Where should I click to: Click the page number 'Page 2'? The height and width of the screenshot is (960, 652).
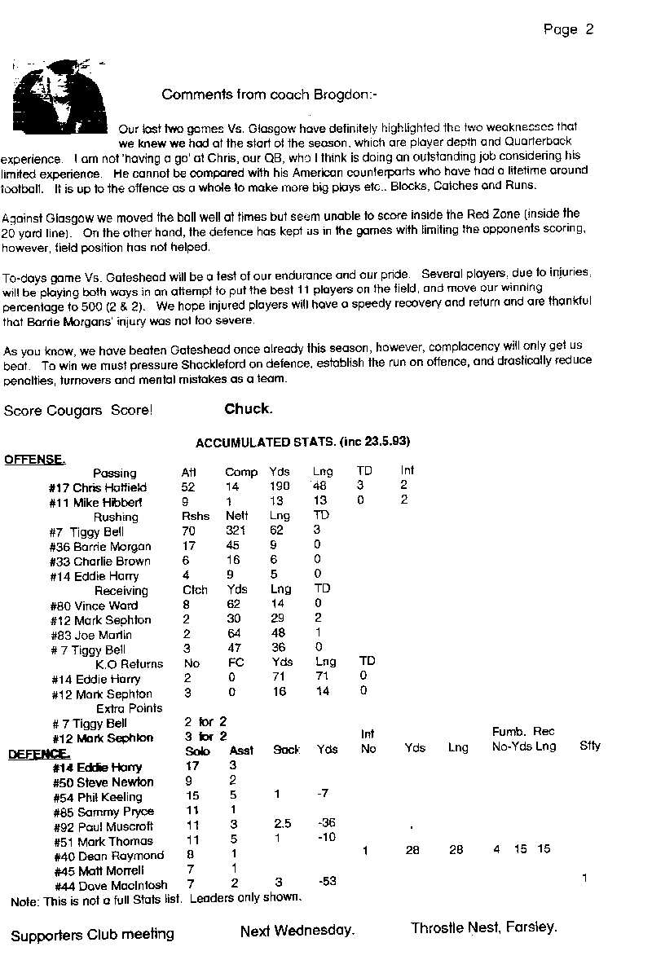point(568,30)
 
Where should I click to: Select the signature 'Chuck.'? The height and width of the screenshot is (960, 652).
point(249,409)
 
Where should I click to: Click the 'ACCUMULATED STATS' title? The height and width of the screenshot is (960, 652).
point(302,442)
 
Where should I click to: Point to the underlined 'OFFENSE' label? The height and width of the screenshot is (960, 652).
point(34,459)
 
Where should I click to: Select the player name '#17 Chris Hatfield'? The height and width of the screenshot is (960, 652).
point(98,487)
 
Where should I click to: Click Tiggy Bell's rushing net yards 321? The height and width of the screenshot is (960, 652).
point(236,531)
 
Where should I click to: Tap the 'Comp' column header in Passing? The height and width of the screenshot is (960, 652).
point(241,472)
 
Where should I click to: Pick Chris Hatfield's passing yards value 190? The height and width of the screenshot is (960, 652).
point(280,487)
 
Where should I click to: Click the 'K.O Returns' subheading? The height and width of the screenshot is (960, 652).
point(130,664)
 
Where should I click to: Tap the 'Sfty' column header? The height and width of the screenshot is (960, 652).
point(590,746)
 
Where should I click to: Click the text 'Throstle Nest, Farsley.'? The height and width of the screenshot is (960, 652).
point(484,927)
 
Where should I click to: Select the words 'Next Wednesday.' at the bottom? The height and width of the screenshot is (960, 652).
point(297,930)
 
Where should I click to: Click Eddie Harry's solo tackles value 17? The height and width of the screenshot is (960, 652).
point(192,766)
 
